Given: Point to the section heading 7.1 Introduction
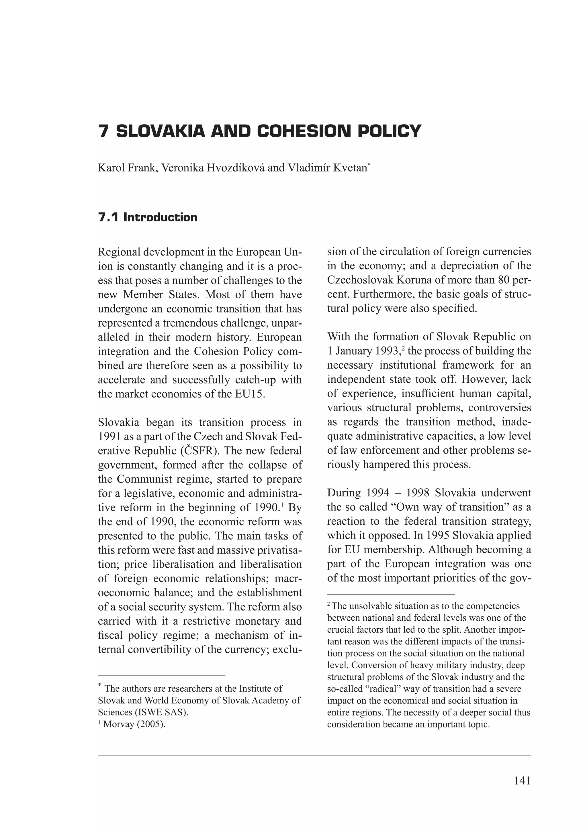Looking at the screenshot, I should (x=148, y=217).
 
